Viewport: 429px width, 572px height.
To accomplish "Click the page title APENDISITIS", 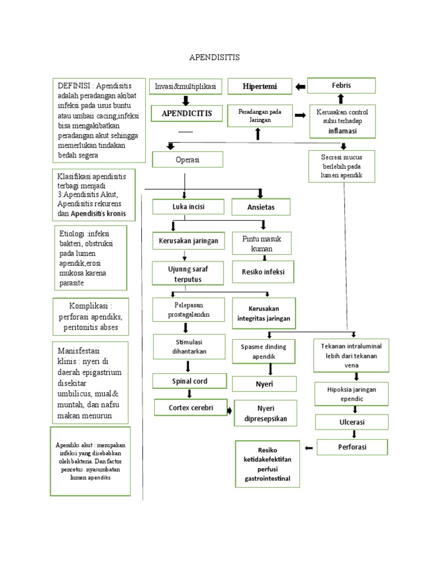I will pos(214,57).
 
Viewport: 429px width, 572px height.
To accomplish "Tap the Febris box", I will pos(341,85).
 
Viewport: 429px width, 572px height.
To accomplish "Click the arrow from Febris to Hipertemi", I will pos(300,86).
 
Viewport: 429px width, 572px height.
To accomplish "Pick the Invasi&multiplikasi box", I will pos(185,87).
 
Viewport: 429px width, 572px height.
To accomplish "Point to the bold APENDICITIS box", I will pos(187,113).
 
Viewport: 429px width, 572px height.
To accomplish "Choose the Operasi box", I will pos(188,159).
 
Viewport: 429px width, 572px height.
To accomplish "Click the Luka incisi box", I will pos(188,207).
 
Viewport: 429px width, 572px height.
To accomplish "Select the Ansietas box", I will pos(261,207).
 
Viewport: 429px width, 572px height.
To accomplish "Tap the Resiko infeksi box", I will pos(263,272).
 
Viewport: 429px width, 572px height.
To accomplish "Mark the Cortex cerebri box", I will pos(190,408).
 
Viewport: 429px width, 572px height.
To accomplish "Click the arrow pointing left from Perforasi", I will pos(308,448).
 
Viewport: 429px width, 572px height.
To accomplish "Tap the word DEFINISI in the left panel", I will pos(74,85).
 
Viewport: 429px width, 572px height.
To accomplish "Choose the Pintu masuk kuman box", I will pos(261,243).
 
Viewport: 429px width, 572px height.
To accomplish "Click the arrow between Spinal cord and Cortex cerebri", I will pos(189,394).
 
